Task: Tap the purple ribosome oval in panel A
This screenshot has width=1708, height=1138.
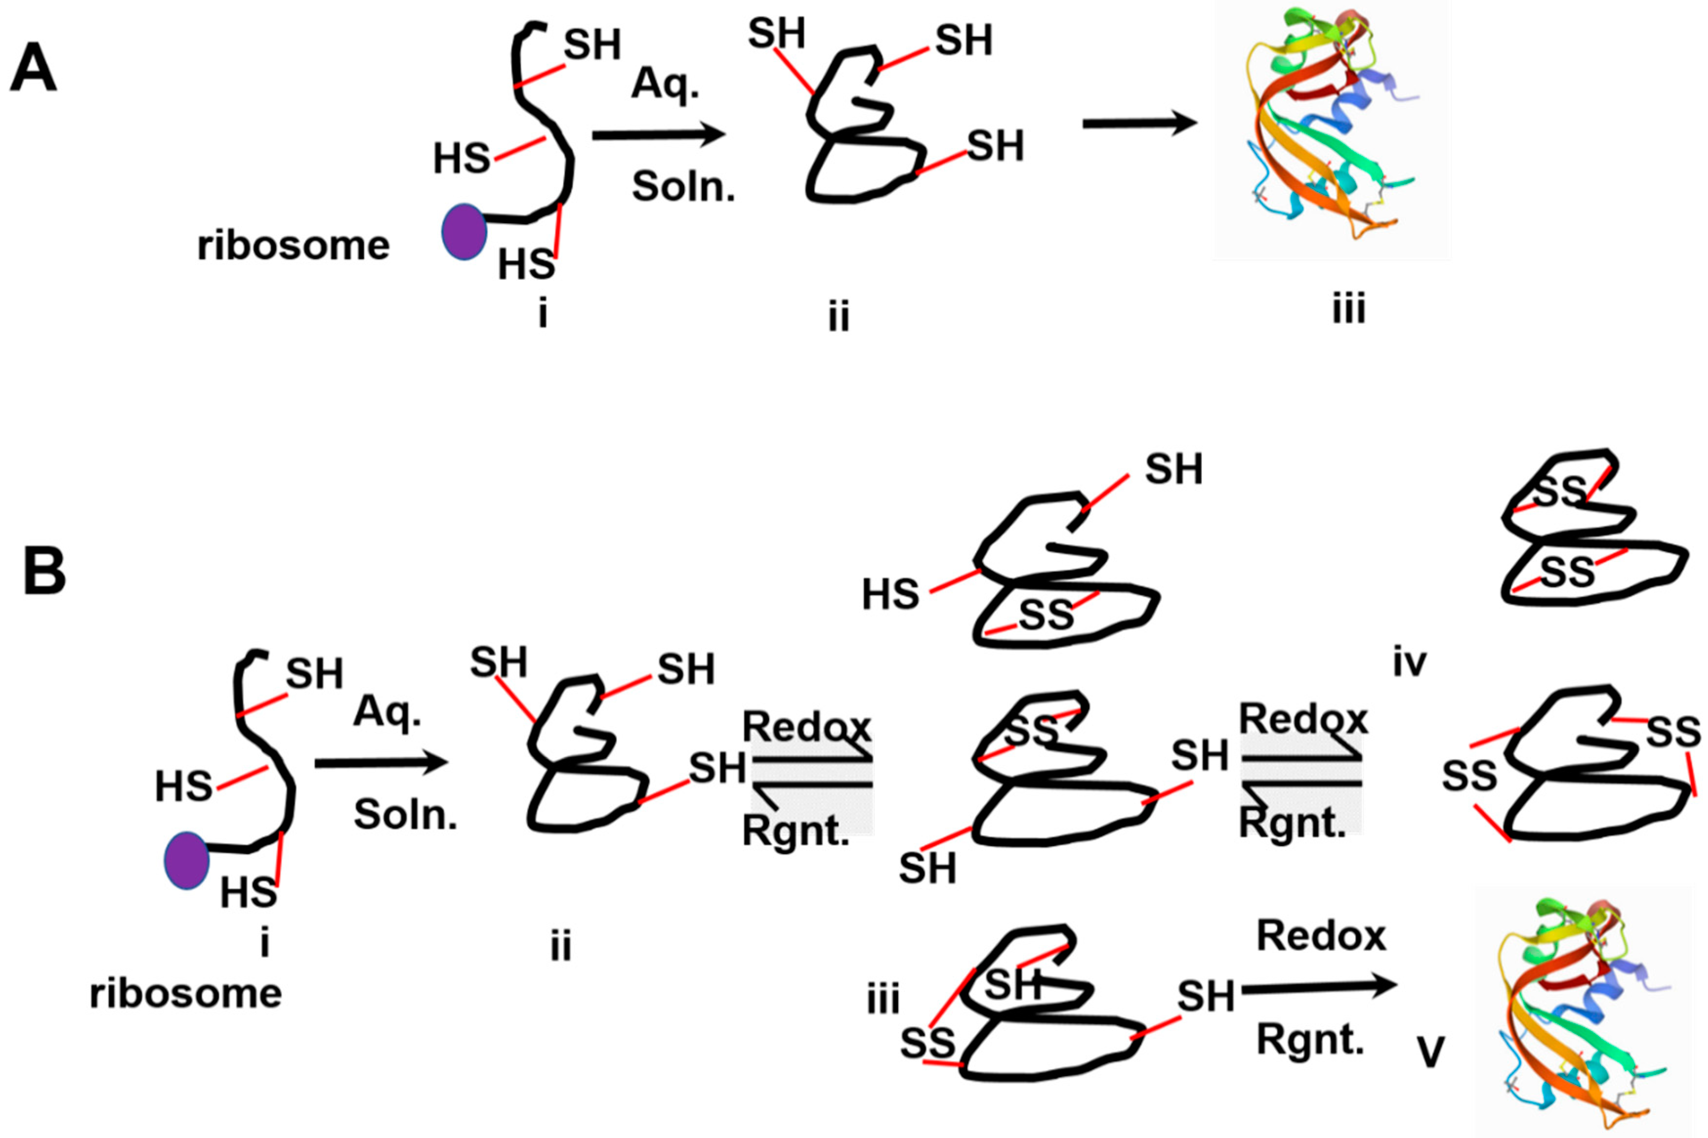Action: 464,232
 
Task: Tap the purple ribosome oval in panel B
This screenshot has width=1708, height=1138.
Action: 187,861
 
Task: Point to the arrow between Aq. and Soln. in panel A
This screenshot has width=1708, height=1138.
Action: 658,135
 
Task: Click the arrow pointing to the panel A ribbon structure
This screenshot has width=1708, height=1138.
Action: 1139,124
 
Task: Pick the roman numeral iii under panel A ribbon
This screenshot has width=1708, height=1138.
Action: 1349,309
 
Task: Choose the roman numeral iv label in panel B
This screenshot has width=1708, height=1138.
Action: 1409,662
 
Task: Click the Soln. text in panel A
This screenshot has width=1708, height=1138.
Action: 683,187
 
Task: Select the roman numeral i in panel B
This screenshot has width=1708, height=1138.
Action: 265,943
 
